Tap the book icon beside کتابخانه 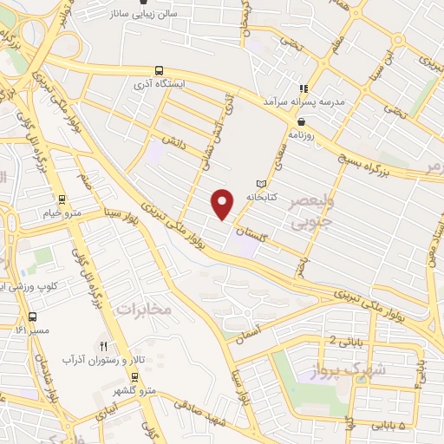click(262, 184)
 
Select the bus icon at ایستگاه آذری click(158, 70)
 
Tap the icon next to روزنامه click(304, 121)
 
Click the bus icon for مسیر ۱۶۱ click(32, 317)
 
